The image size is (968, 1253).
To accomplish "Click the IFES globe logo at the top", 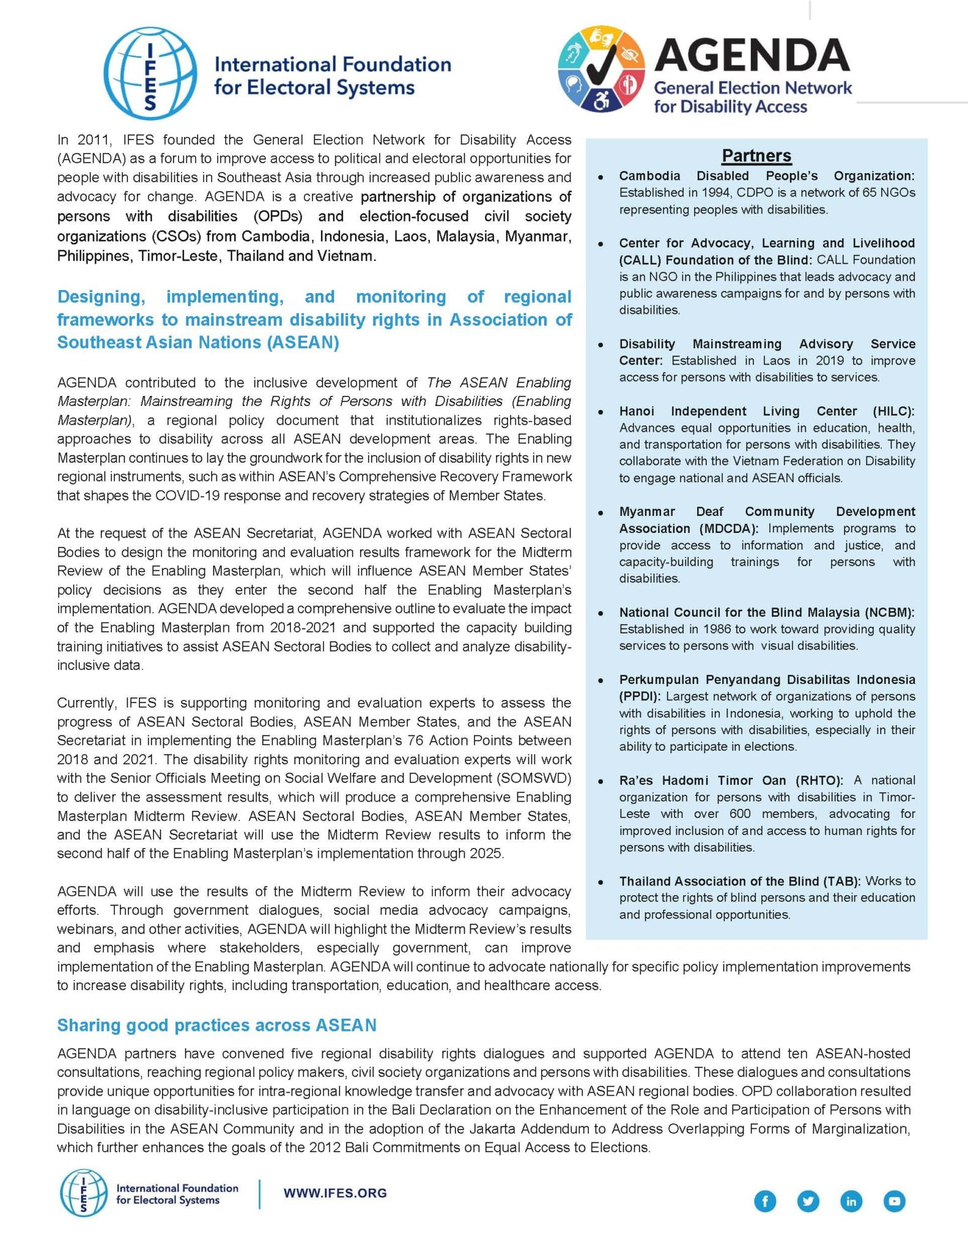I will coord(150,73).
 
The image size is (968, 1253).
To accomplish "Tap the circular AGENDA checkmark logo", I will coord(601,69).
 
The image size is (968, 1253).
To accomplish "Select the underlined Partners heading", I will coord(756,155).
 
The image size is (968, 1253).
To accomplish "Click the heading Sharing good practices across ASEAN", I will coord(216,1025).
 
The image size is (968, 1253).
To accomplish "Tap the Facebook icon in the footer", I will coord(765,1201).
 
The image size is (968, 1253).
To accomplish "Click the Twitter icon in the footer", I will coord(808,1201).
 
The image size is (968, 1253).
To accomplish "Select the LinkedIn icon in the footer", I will coord(851,1201).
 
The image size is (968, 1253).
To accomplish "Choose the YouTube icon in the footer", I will coord(894,1201).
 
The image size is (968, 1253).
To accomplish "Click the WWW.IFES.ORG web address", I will coord(335,1192).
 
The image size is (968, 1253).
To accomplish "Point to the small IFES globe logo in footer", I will coord(83,1193).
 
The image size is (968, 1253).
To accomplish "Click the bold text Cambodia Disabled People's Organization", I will coord(766,176).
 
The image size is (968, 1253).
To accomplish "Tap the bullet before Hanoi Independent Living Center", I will coord(601,412).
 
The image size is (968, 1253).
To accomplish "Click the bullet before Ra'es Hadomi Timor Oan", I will coord(601,781).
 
